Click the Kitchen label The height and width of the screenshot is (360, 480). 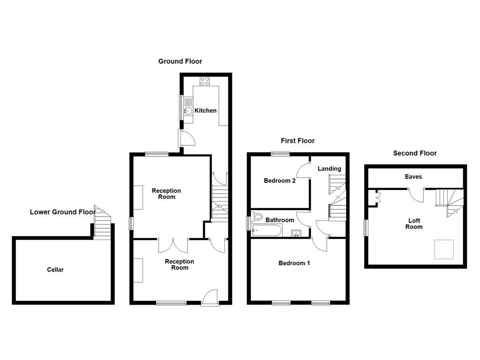pos(206,111)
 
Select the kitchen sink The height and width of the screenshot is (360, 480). pos(187,111)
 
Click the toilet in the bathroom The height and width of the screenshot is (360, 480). pos(256,217)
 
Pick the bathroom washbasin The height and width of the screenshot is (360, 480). pos(297,233)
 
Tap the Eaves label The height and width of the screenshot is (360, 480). pos(413,177)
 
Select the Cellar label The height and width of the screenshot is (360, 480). pos(55,270)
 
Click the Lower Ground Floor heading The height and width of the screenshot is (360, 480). pos(63,212)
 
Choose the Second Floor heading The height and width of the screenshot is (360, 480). pos(415,153)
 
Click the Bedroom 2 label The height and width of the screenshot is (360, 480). pos(279,180)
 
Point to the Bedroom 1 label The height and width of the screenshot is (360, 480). pos(294,263)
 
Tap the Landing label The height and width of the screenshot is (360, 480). pos(330,169)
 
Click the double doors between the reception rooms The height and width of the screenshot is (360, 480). pos(173,244)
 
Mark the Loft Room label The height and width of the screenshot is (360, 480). pos(414,224)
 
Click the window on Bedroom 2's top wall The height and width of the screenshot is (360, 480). pos(280,154)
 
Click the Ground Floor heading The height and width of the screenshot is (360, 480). pos(180,61)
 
